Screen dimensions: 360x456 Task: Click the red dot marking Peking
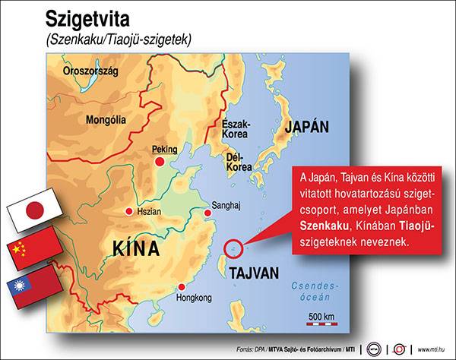point(160,162)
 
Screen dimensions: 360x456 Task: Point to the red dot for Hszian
point(128,211)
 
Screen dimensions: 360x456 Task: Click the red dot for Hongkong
point(182,287)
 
